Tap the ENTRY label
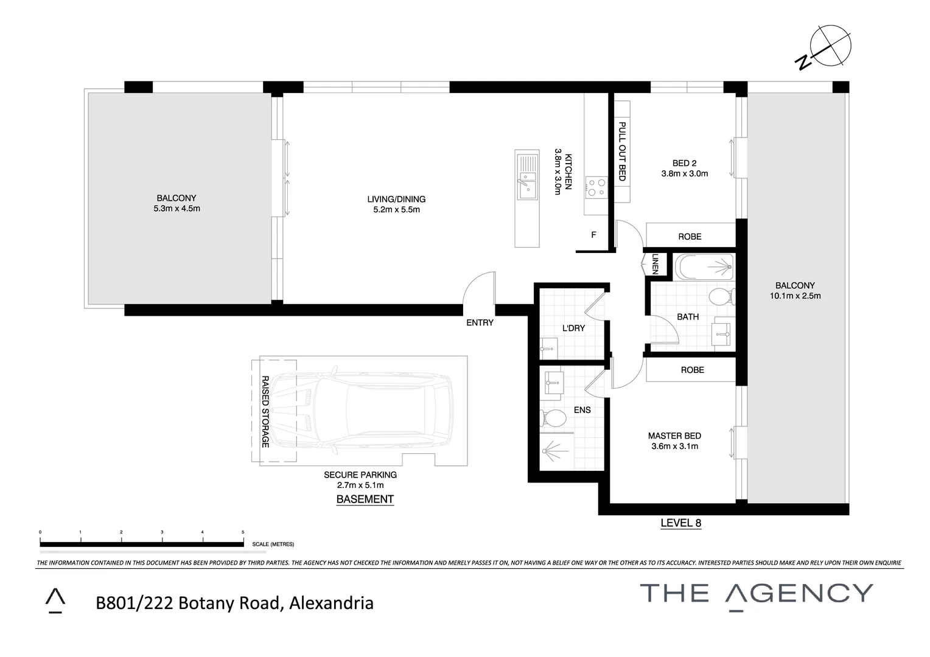point(480,322)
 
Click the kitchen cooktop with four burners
point(595,187)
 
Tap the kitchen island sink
point(526,177)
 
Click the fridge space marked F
point(593,235)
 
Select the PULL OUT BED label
point(622,151)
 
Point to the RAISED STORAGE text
point(265,411)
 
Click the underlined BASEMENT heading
point(365,499)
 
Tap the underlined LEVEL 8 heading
point(681,523)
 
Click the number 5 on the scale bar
point(243,532)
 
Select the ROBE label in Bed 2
point(690,236)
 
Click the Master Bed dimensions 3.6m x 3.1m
point(674,446)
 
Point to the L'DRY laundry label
point(573,328)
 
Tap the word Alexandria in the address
point(331,603)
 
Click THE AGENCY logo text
point(756,593)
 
